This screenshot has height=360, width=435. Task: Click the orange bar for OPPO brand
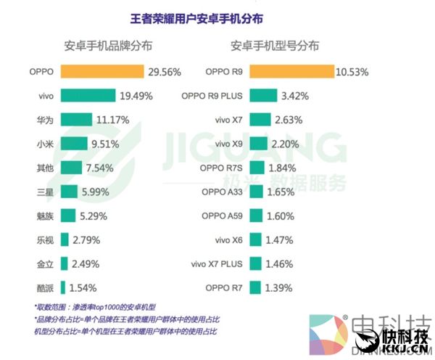(102, 72)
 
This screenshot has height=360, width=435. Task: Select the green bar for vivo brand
(88, 96)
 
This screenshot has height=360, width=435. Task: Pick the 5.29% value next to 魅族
(96, 216)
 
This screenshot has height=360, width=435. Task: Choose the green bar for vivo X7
(262, 120)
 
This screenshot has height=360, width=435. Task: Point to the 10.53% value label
(353, 72)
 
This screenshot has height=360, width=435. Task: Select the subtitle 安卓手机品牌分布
(108, 45)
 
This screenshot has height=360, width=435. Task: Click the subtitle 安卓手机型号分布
(275, 45)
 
